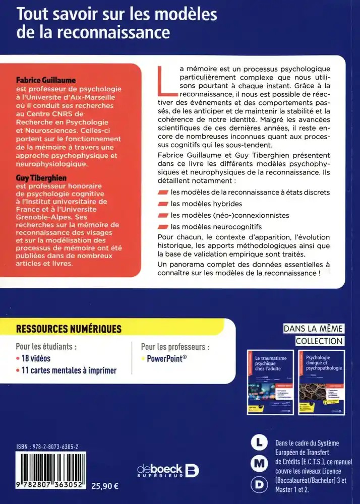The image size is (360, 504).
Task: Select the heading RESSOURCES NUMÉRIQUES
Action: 69,329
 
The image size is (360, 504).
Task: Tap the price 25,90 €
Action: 104,487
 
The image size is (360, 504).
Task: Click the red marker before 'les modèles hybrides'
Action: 162,204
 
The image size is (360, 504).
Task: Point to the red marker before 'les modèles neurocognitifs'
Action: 162,226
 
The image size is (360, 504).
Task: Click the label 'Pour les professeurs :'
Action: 175,347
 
